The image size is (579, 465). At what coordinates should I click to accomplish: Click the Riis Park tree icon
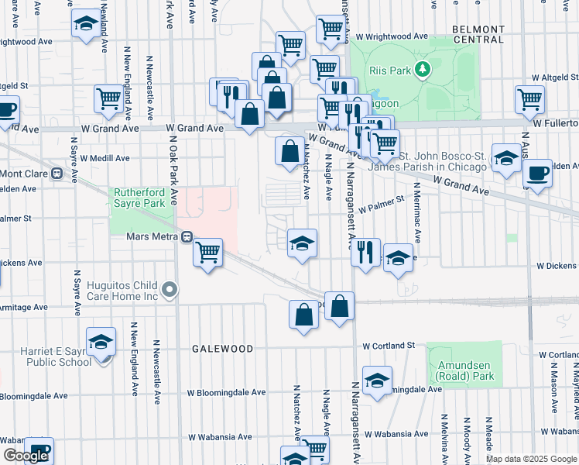click(423, 71)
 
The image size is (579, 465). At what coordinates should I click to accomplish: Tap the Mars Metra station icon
click(186, 237)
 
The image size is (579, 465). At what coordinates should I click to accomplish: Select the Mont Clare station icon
click(57, 174)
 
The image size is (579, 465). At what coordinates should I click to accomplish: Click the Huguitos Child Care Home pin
click(171, 291)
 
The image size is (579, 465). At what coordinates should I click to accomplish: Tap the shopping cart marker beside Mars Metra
click(207, 252)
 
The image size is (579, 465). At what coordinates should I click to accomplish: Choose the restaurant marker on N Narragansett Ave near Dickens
click(365, 253)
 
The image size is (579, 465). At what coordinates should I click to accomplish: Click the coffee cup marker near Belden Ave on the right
click(537, 173)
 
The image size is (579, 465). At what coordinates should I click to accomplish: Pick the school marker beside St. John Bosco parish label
click(506, 159)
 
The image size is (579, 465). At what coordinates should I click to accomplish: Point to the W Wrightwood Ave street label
click(391, 36)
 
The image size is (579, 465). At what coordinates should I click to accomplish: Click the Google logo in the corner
click(25, 456)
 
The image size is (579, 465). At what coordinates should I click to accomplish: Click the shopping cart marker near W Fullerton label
click(530, 98)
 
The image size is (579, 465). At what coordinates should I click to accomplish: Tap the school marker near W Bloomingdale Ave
click(377, 381)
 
